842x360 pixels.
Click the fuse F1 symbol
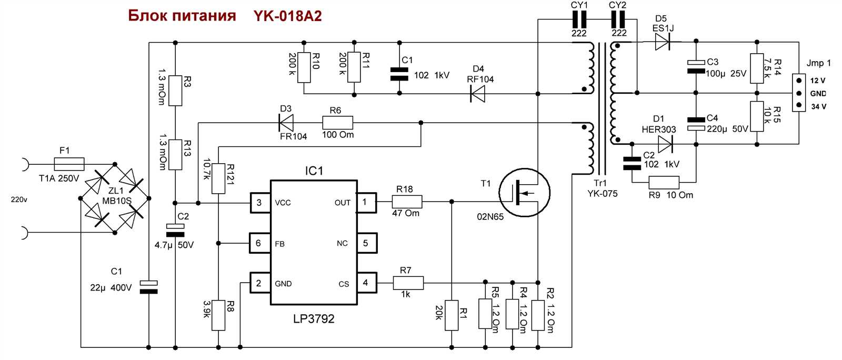[x=69, y=164]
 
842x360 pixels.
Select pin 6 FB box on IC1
[x=258, y=243]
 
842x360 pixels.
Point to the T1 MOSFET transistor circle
[x=524, y=193]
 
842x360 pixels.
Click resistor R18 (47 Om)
[x=407, y=202]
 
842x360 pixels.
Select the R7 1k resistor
[x=408, y=283]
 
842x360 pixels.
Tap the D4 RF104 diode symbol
[x=478, y=94]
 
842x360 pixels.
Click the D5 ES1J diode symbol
[x=663, y=42]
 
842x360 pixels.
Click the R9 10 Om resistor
[x=664, y=183]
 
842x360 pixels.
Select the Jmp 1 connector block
[x=799, y=93]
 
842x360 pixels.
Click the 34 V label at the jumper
[x=818, y=107]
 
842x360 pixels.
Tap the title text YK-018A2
[x=287, y=16]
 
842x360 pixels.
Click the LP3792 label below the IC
[x=314, y=319]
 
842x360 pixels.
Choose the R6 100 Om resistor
[x=337, y=123]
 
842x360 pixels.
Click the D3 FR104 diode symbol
[x=286, y=123]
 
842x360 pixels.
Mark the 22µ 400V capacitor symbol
[x=148, y=287]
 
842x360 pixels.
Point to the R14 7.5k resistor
[x=757, y=68]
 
